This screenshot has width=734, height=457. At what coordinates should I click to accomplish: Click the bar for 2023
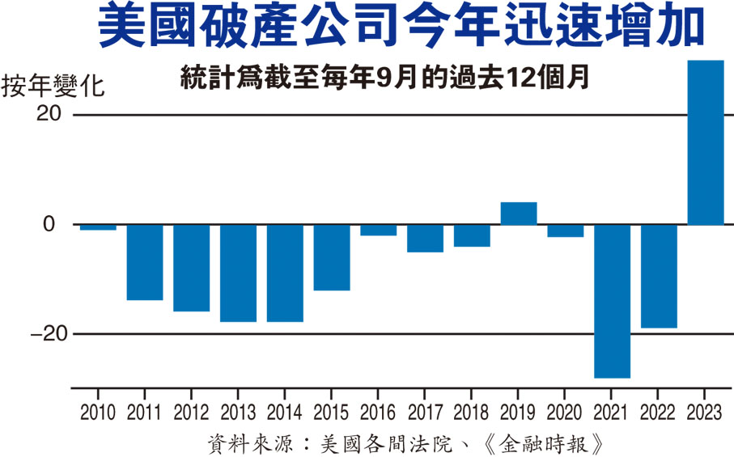pos(705,142)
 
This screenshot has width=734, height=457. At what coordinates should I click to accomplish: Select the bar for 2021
pos(612,301)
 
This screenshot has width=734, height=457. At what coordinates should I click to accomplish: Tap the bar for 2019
pos(519,214)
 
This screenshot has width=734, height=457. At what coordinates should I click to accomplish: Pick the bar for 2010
pos(98,227)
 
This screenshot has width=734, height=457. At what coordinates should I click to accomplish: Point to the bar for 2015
pos(332,257)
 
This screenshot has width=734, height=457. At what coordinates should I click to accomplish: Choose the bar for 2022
pos(659,276)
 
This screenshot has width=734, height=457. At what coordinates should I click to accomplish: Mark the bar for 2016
pos(378,230)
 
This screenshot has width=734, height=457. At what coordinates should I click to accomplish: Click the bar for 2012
pos(191,268)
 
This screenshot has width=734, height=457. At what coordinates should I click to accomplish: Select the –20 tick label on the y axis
pos(43,334)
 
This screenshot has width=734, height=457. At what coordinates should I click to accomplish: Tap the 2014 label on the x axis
pos(285,413)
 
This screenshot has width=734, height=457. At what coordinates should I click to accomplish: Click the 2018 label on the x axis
pos(472,413)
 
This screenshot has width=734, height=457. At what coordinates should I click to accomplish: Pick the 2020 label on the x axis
pos(565,413)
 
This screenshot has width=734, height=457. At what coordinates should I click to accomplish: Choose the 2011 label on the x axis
pos(144,413)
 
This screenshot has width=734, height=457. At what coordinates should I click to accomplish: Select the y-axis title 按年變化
pos(53,85)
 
